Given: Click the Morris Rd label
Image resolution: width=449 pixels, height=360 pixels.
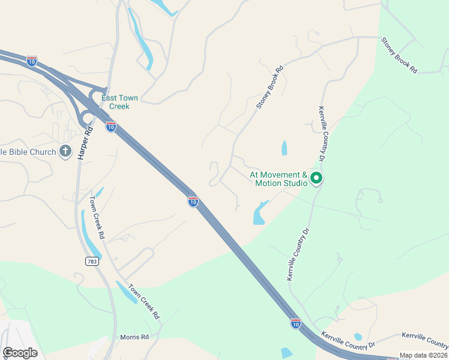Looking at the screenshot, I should (134, 337).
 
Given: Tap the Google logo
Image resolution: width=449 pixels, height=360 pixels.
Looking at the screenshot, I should (20, 352).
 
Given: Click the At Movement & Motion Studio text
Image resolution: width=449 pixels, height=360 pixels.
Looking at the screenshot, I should (278, 179).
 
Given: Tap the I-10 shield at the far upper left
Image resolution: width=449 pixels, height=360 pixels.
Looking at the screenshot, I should (32, 61).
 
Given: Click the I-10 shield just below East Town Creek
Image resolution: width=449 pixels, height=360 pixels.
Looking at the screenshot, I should (110, 127).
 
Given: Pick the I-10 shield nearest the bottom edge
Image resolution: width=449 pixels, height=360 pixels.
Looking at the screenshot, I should (295, 323).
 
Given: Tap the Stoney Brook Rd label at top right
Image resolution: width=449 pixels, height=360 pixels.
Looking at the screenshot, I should (399, 55).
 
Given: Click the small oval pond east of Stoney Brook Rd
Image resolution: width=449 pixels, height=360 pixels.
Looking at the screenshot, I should (284, 148).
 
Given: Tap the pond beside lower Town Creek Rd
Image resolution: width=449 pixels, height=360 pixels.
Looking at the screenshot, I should (127, 292).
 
